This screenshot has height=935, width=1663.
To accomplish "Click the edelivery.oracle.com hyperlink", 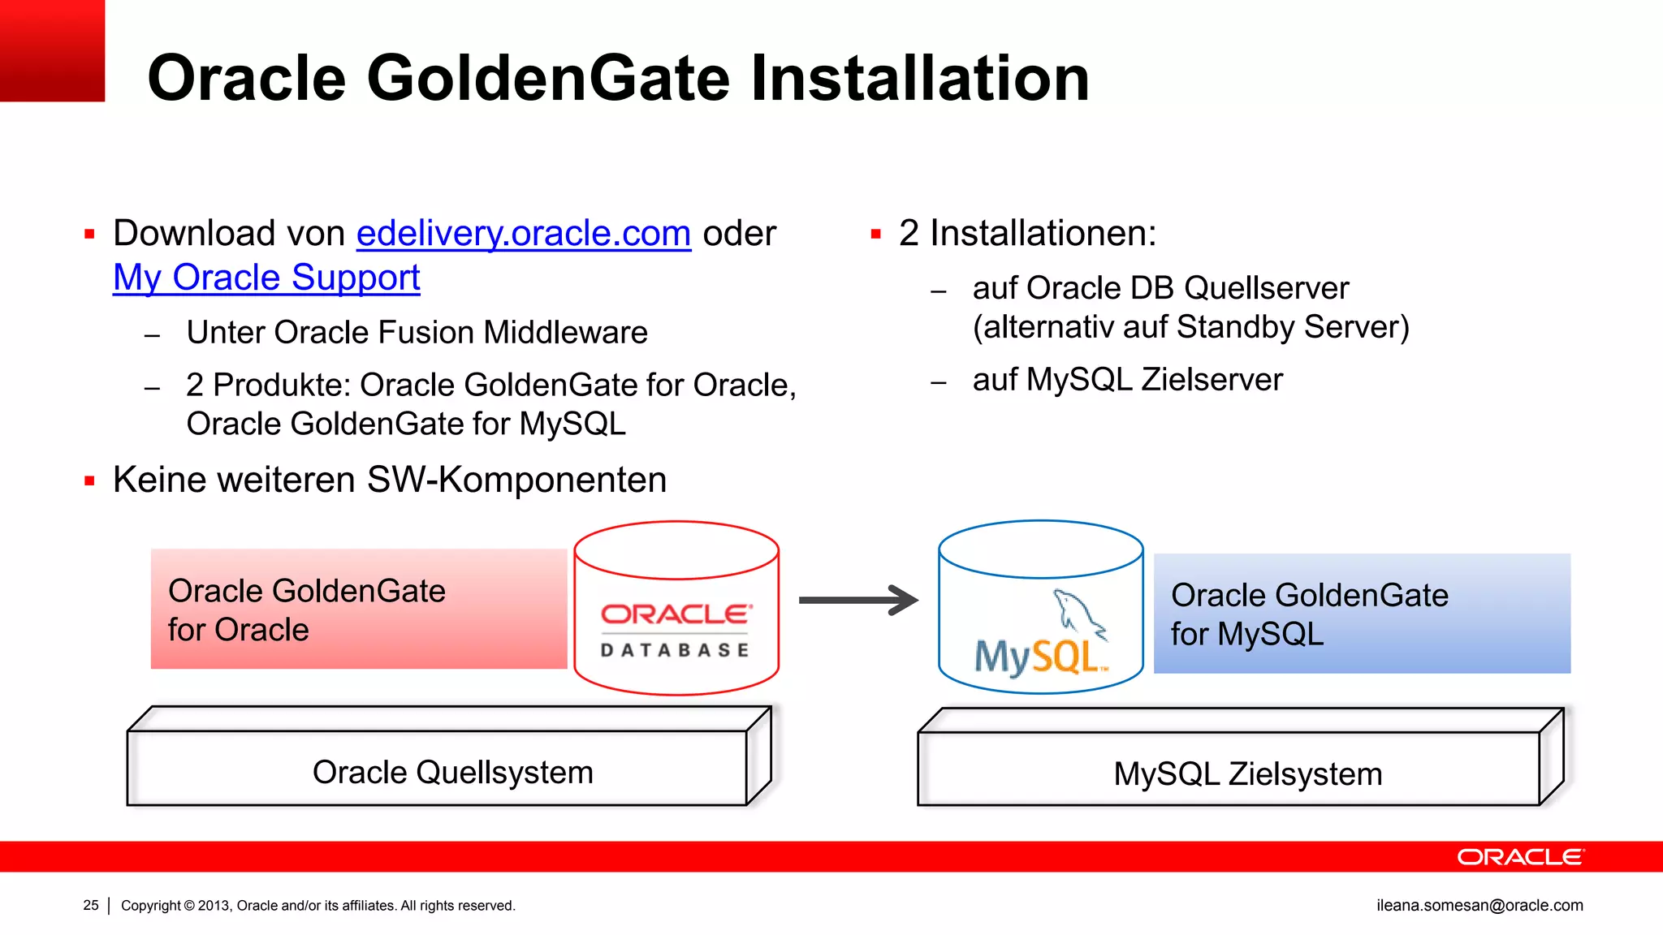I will pyautogui.click(x=523, y=234).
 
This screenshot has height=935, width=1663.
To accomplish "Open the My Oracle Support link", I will pyautogui.click(x=266, y=278).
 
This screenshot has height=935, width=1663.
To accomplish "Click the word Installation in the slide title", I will pyautogui.click(x=919, y=78).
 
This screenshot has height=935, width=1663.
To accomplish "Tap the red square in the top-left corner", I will pyautogui.click(x=52, y=50).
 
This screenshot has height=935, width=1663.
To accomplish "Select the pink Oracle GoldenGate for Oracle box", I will pyautogui.click(x=358, y=610).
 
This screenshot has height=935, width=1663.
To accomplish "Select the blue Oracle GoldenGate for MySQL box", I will pyautogui.click(x=1362, y=614).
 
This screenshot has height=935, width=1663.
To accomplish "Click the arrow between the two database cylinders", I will pyautogui.click(x=858, y=601).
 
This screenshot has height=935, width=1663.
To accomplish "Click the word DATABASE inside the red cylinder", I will pyautogui.click(x=675, y=650).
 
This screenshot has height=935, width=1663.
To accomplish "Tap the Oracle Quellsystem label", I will pyautogui.click(x=452, y=772).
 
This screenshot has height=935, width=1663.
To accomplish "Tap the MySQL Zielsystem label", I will pyautogui.click(x=1247, y=773).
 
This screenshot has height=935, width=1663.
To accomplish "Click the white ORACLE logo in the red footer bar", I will pyautogui.click(x=1519, y=857).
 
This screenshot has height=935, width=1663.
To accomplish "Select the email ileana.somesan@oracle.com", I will pyautogui.click(x=1479, y=905).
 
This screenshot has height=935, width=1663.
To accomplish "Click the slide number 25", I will pyautogui.click(x=91, y=905).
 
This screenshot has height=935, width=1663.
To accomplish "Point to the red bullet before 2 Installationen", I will pyautogui.click(x=875, y=235).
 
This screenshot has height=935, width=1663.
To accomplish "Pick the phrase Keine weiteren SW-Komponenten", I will pyautogui.click(x=390, y=480).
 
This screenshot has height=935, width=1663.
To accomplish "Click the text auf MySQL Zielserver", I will pyautogui.click(x=1127, y=380).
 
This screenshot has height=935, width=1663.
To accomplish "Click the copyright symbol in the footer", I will pyautogui.click(x=190, y=906).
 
